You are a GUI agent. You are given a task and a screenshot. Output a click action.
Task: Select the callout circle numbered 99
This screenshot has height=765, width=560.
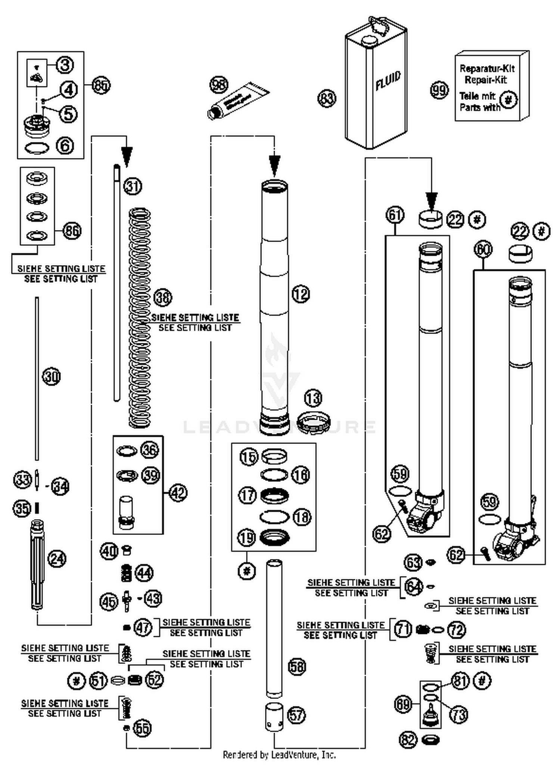pyautogui.click(x=439, y=90)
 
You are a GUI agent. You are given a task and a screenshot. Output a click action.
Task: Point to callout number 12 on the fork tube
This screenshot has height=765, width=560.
pyautogui.click(x=301, y=294)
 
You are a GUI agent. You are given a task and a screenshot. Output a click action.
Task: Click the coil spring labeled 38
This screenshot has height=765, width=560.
pyautogui.click(x=140, y=318)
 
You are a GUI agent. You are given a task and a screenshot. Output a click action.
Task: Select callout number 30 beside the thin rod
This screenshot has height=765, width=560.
pyautogui.click(x=52, y=376)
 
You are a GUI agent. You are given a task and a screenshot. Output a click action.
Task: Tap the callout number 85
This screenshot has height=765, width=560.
pyautogui.click(x=101, y=86)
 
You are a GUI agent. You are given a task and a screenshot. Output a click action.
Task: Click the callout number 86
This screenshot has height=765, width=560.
pyautogui.click(x=72, y=231)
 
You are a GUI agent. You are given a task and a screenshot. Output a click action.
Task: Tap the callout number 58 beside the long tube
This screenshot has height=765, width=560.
pyautogui.click(x=297, y=666)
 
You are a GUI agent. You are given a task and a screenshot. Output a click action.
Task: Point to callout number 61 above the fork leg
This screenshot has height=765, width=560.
pyautogui.click(x=395, y=216)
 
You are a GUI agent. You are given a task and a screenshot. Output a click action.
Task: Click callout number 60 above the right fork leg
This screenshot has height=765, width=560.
pyautogui.click(x=483, y=249)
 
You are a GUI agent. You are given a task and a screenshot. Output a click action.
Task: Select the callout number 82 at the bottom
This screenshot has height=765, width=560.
pyautogui.click(x=408, y=740)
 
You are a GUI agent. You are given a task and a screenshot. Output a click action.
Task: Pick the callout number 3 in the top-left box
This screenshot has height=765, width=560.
pyautogui.click(x=65, y=65)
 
